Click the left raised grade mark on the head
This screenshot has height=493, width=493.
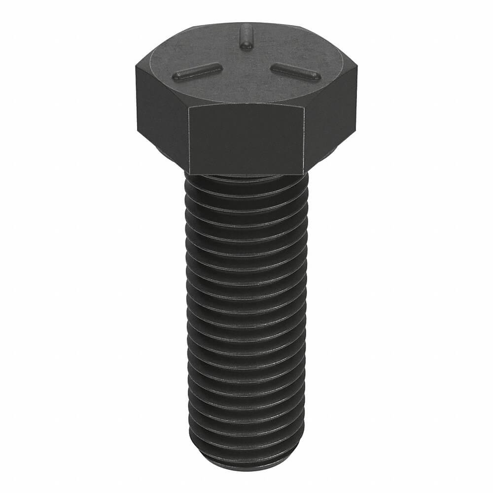click(196, 71)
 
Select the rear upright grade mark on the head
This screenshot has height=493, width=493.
click(245, 38)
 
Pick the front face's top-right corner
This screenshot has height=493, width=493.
click(304, 107)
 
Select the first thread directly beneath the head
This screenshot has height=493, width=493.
click(246, 185)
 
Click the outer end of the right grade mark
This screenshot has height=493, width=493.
click(316, 76)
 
